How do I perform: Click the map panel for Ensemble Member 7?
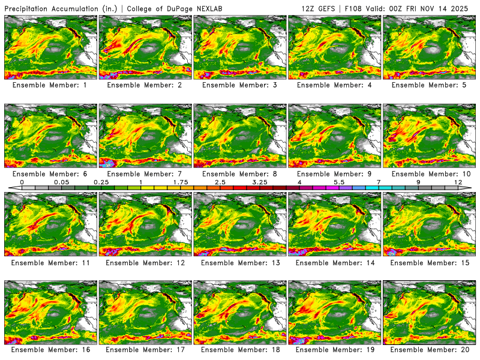tap(145, 136)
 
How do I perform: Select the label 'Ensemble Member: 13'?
tap(240, 262)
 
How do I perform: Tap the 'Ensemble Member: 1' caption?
tap(50, 85)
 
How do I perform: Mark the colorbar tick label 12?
tap(459, 181)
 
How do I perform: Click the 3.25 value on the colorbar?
tap(260, 181)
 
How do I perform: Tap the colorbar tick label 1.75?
tap(181, 181)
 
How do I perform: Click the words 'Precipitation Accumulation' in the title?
tap(49, 8)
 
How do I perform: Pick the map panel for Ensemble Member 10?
tap(430, 136)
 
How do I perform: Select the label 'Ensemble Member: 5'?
tap(430, 85)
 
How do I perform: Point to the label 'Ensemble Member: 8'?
tap(240, 173)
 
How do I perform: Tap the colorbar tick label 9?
tap(418, 181)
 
